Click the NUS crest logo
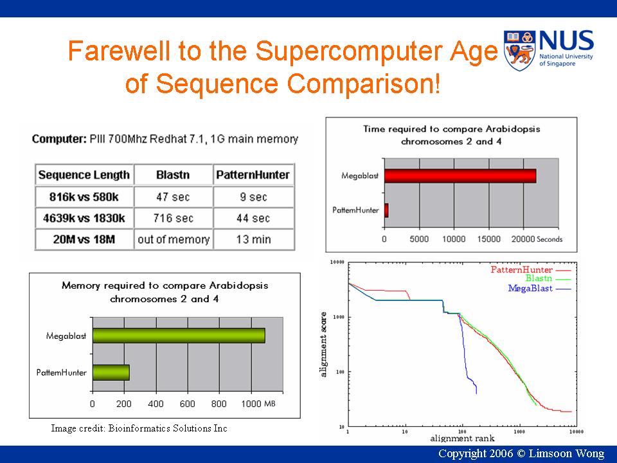point(519,50)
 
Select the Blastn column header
point(173,175)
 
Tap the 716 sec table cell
point(173,218)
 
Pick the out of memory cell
point(174,239)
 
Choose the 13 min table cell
point(253,239)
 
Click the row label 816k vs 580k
point(84,197)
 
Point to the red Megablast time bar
point(460,176)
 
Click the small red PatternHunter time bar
point(386,210)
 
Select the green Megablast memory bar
point(179,336)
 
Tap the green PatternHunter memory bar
point(111,372)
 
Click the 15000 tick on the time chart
point(488,239)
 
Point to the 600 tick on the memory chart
point(187,404)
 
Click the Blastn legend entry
point(548,278)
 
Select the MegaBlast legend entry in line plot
point(539,288)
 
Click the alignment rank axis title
point(462,438)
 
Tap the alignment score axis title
point(323,345)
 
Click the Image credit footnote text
point(139,428)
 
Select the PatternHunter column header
point(253,175)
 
